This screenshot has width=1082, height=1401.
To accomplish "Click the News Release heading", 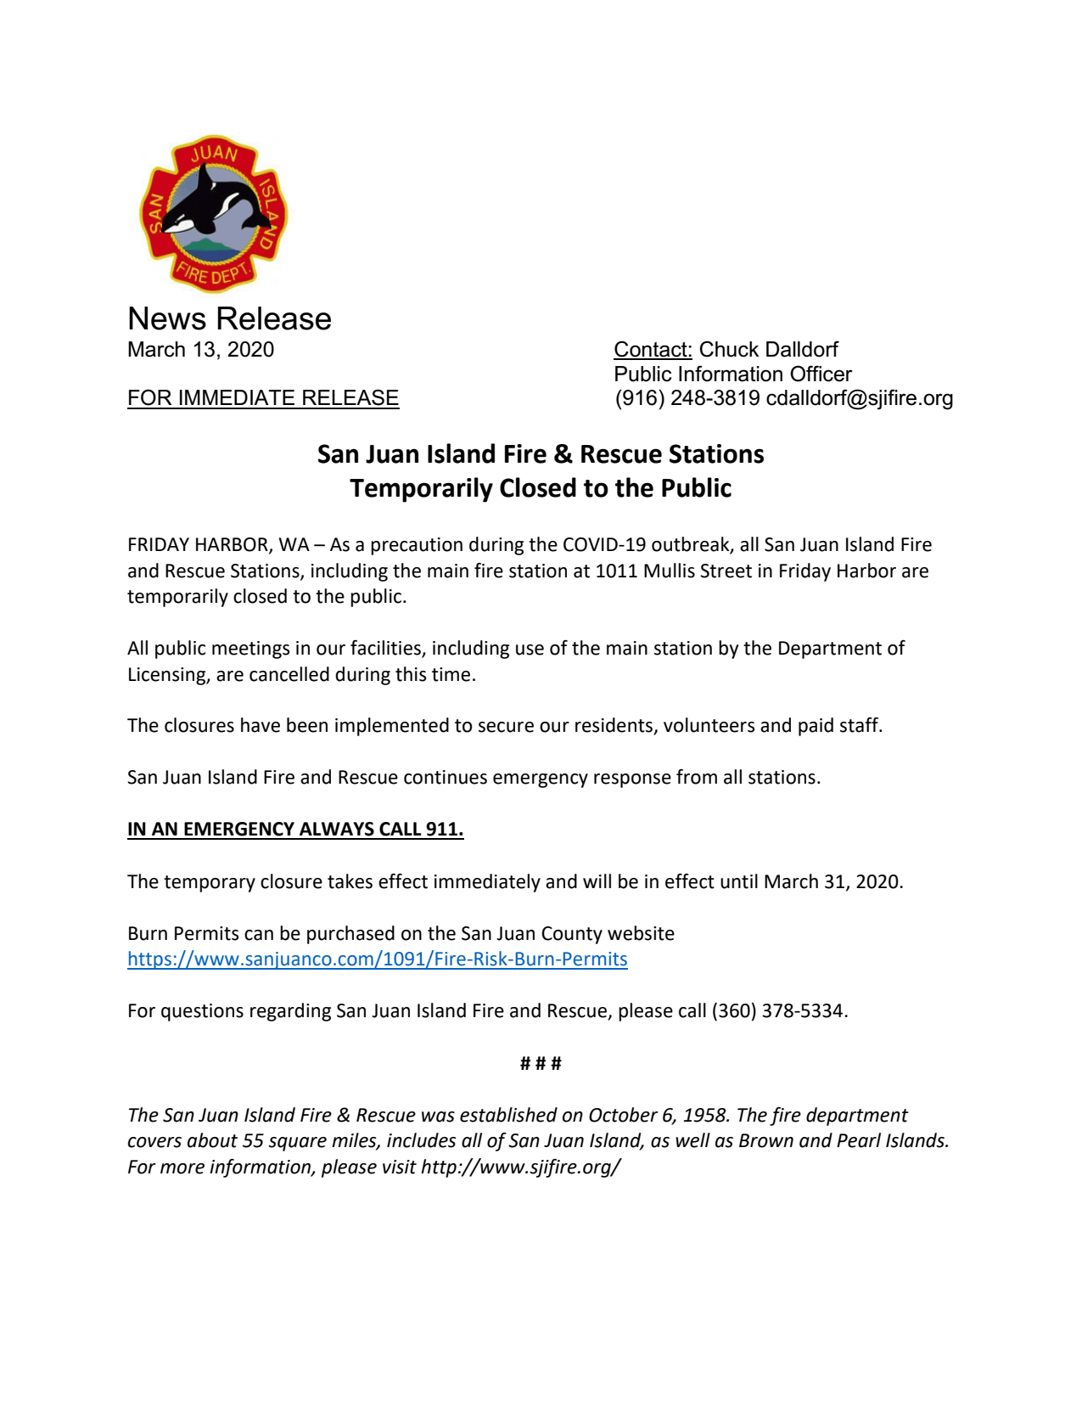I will click(x=229, y=319).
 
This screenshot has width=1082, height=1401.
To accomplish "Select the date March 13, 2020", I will click(x=200, y=350).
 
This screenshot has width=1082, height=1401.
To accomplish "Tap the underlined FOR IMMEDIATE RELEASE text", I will click(x=263, y=398).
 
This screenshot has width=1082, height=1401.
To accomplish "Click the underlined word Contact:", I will click(x=653, y=350).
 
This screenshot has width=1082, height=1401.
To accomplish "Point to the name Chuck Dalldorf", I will click(x=768, y=350).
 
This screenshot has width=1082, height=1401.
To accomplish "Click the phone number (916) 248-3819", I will click(x=687, y=398).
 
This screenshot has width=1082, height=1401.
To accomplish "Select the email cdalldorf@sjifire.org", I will click(x=859, y=398).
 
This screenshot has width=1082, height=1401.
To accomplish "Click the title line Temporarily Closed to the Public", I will click(x=541, y=488).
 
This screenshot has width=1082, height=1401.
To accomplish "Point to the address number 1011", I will click(x=616, y=571).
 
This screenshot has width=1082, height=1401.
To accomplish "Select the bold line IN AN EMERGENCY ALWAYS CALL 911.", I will click(x=295, y=830).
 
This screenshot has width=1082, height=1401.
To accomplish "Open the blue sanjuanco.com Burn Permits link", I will click(x=377, y=959).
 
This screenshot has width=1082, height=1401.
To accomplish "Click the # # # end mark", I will click(x=541, y=1064).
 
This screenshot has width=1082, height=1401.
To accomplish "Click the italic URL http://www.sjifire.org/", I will click(x=520, y=1167).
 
